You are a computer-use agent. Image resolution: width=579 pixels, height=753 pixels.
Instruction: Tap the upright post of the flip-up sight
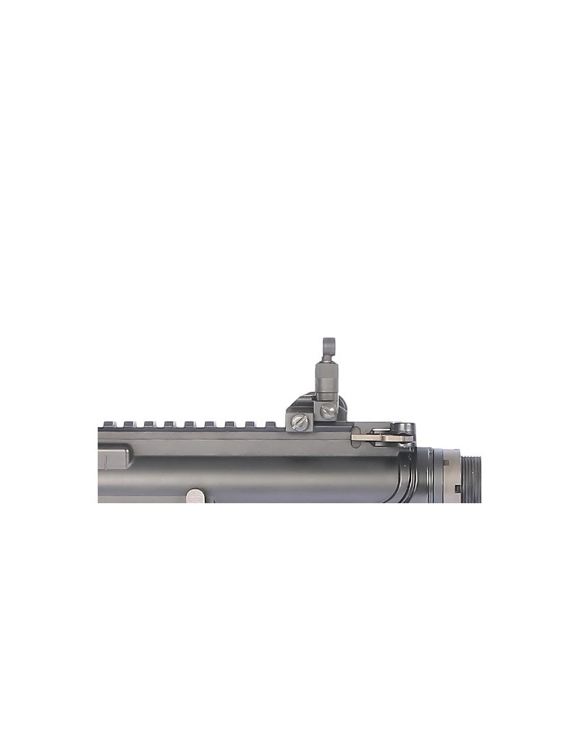(x=325, y=380)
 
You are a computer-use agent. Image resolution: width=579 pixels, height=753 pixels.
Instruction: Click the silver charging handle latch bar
(x=380, y=436)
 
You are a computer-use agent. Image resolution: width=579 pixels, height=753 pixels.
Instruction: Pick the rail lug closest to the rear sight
(x=269, y=423)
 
